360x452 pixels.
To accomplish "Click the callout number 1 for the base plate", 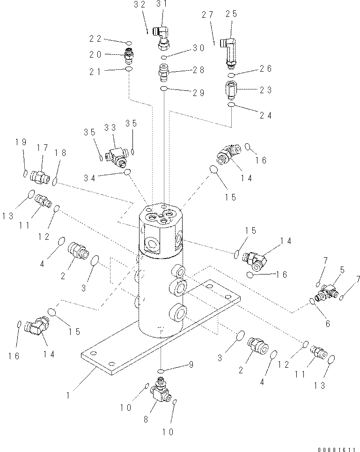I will point(68,395).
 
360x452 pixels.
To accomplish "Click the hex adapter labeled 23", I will point(232,89).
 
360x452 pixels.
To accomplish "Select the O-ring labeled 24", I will point(231,106).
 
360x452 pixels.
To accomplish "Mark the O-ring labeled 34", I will point(127,173).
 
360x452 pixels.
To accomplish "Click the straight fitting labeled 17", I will point(40,177).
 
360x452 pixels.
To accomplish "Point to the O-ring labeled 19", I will point(25,174).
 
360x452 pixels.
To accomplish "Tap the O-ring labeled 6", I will point(311,302).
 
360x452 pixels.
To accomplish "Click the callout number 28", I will point(198,70).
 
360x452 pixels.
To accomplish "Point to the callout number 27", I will point(207,15).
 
